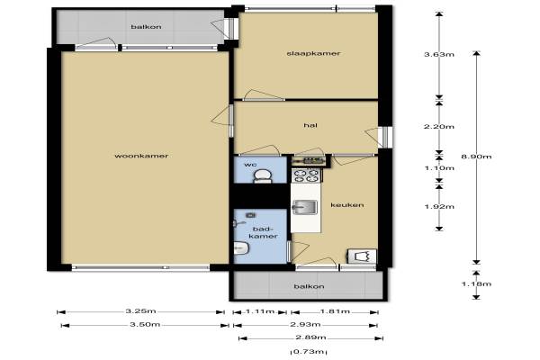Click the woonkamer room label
click(x=141, y=156)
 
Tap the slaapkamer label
click(x=313, y=53)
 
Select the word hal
click(x=310, y=125)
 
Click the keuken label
click(x=347, y=205)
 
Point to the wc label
click(x=250, y=165)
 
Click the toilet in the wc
click(x=263, y=176)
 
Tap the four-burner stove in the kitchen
click(x=307, y=175)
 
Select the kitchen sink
click(x=305, y=207)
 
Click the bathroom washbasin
click(x=241, y=248)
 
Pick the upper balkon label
click(x=146, y=27)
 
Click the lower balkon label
click(x=309, y=286)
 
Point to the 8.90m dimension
click(x=476, y=157)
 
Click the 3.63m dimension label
click(x=439, y=54)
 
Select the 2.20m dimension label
click(x=439, y=127)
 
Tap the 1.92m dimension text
click(x=439, y=207)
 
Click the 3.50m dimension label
click(x=145, y=325)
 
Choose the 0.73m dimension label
click(x=309, y=352)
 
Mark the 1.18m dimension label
click(x=476, y=284)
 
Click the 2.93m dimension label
click(x=305, y=325)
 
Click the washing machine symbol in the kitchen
click(x=362, y=256)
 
